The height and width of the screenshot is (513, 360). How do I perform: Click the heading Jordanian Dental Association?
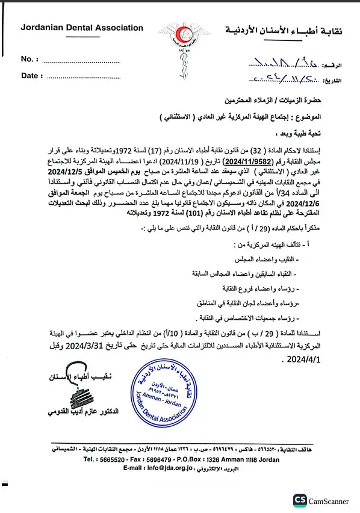[x=82, y=28]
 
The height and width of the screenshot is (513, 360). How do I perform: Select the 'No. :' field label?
[x=29, y=59]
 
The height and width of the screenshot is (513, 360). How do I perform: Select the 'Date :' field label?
[x=32, y=76]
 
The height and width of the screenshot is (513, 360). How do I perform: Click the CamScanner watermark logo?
[x=321, y=500]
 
